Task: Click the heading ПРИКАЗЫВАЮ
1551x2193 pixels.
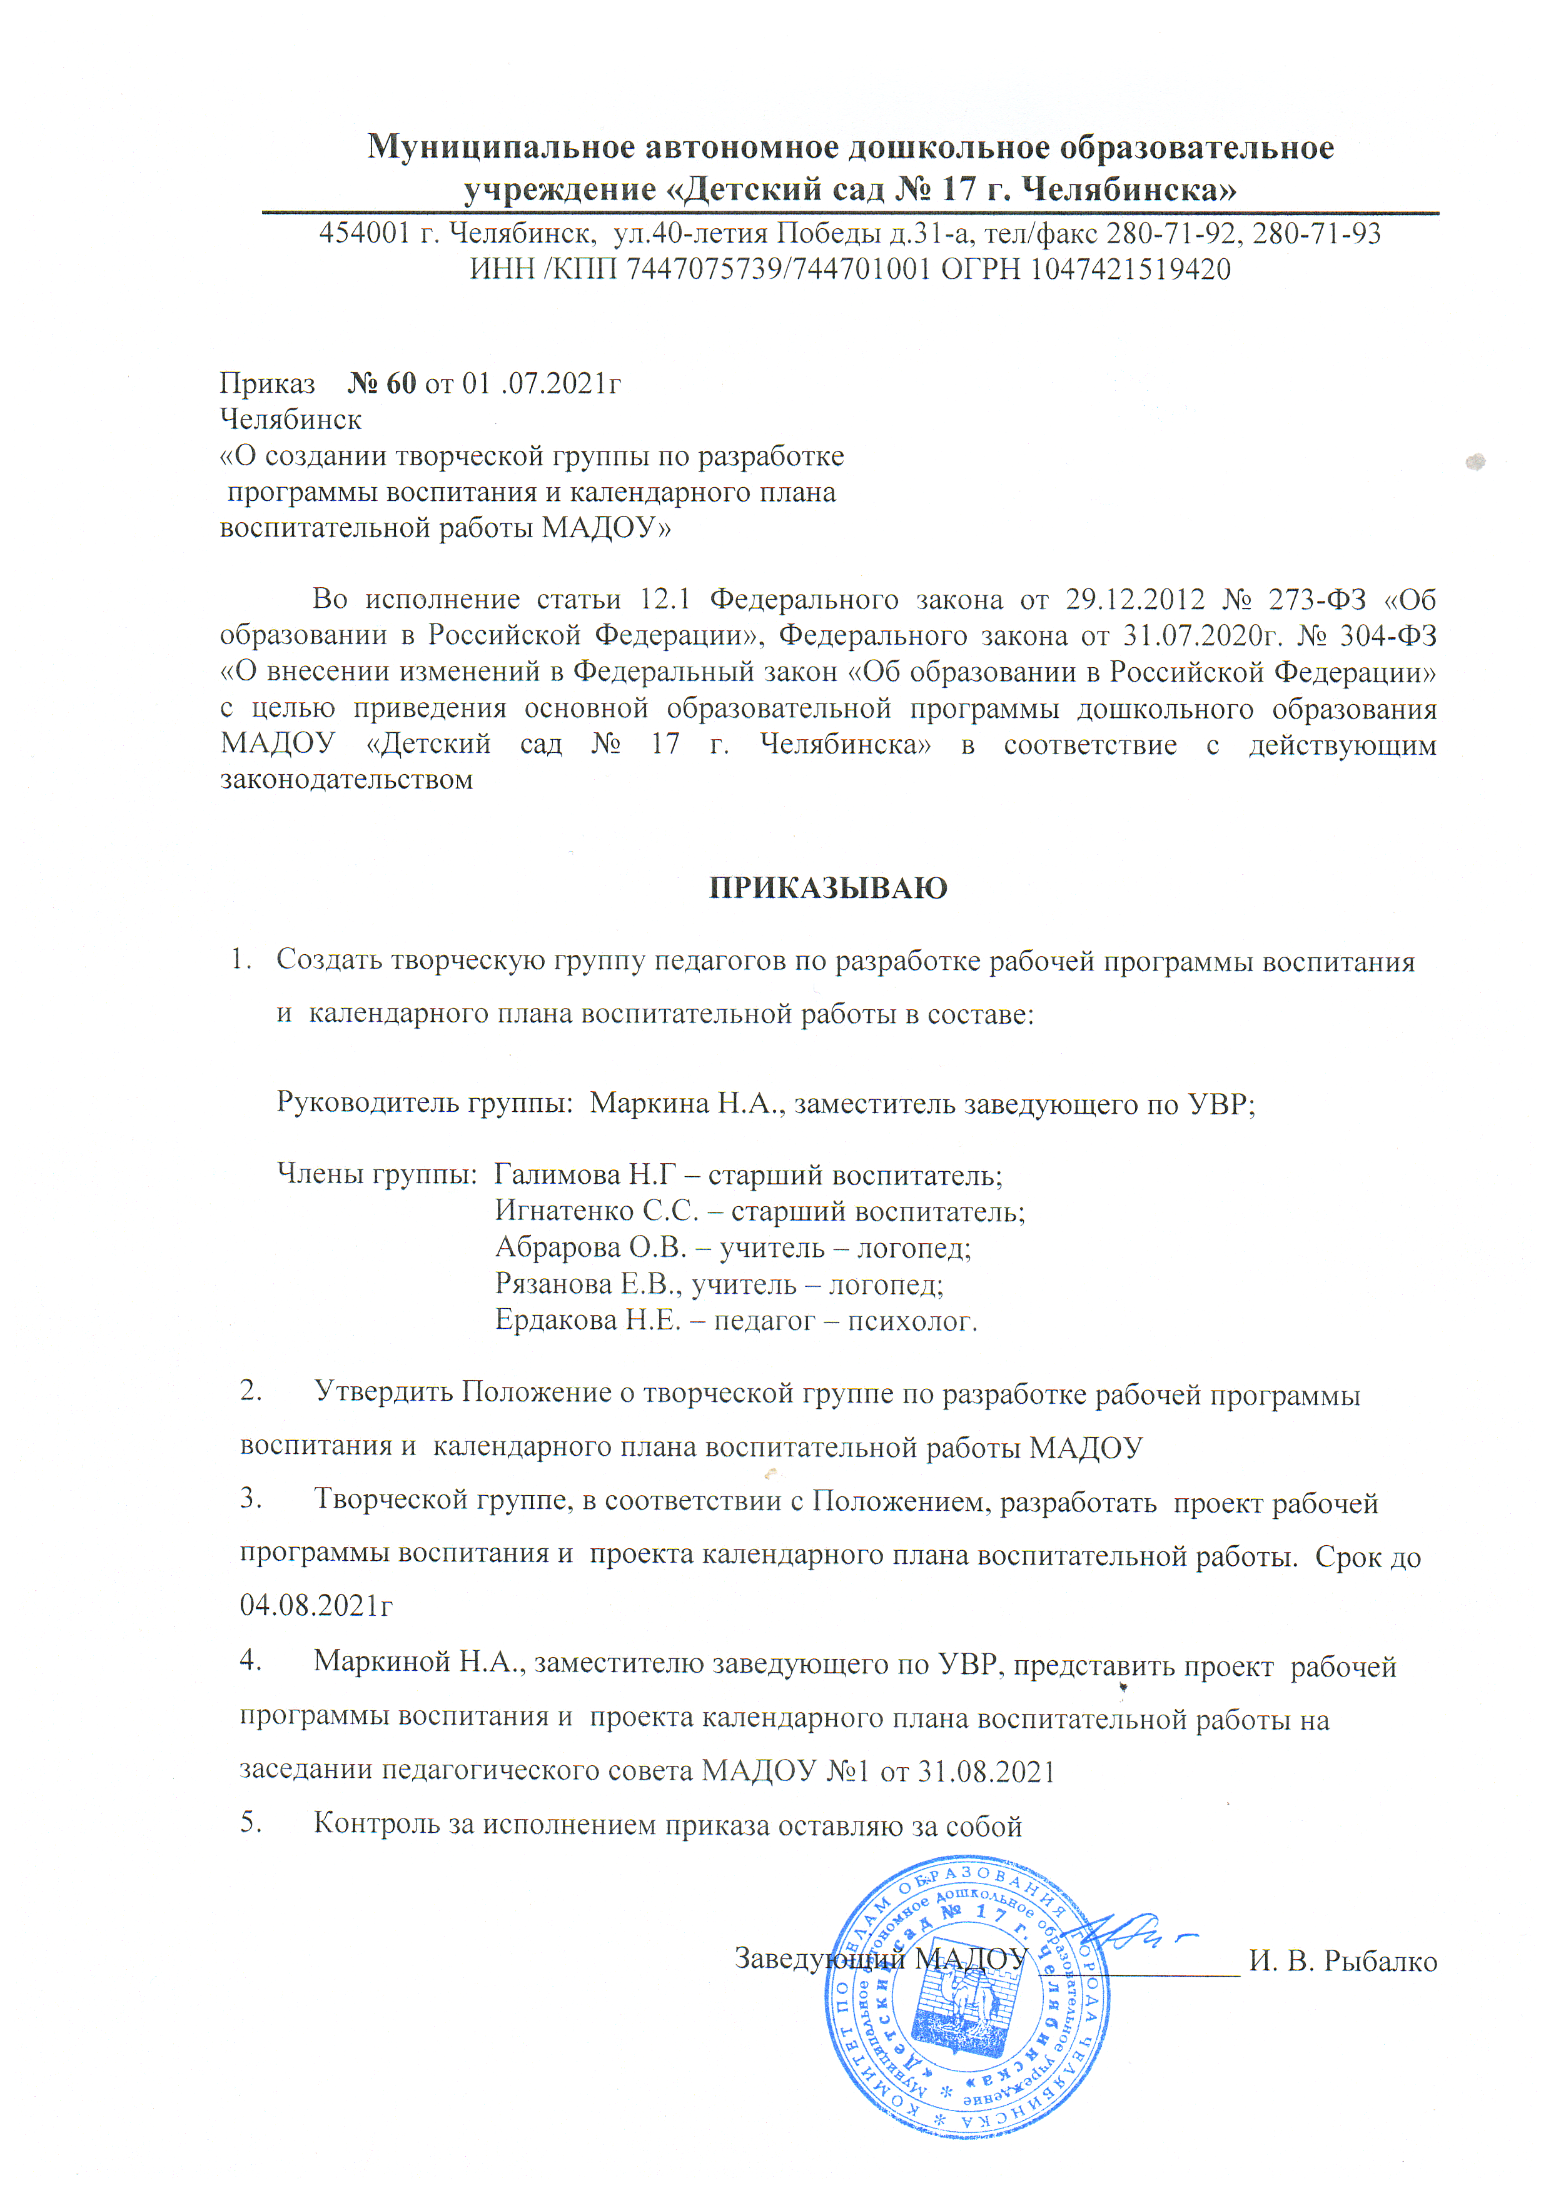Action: [x=828, y=887]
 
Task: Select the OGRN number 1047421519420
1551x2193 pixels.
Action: [x=1130, y=270]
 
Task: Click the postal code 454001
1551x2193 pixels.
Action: [x=365, y=233]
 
